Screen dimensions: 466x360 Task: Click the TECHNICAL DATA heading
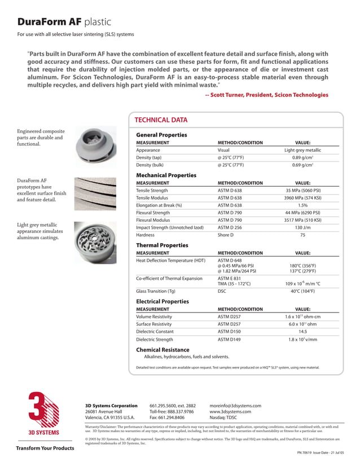pos(161,120)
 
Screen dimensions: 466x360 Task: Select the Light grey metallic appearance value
pos(302,151)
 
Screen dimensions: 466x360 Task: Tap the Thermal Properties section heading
pos(162,245)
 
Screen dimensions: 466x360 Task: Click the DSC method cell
pos(222,291)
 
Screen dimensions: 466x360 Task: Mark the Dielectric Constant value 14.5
pos(302,332)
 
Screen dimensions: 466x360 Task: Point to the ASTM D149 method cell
pos(229,340)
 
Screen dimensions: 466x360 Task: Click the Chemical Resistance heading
pos(163,350)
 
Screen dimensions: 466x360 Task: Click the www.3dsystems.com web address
pos(230,412)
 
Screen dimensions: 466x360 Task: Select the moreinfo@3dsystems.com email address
pos(235,406)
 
